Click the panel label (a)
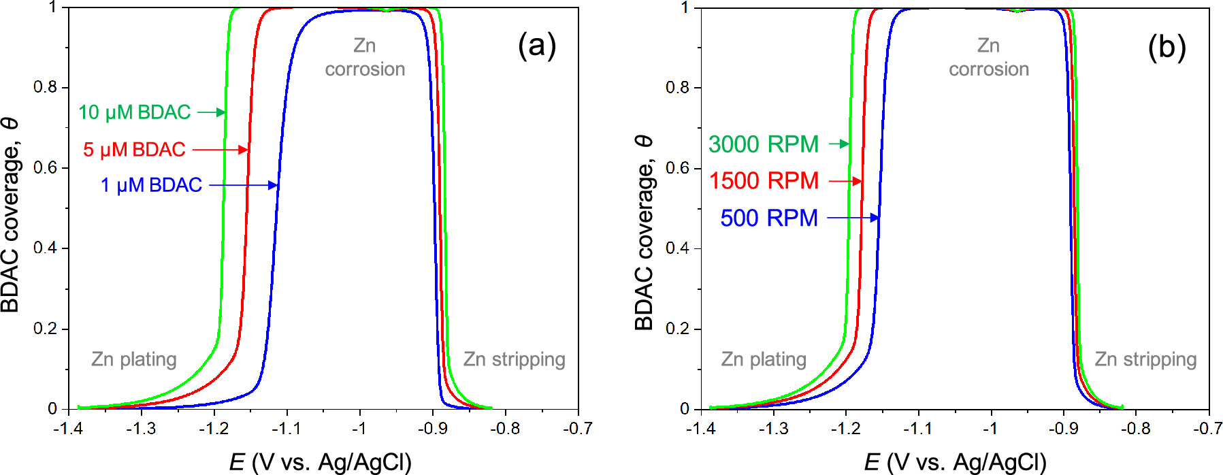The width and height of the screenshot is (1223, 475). (x=537, y=46)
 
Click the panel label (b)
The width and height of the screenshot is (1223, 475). (x=1167, y=48)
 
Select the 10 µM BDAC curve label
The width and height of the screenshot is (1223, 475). (x=134, y=112)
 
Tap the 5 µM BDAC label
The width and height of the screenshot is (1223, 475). (x=134, y=150)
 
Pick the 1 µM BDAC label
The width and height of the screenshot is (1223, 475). (x=151, y=185)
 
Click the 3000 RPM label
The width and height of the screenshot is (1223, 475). (x=763, y=144)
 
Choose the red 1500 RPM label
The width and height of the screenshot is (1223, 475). (x=764, y=181)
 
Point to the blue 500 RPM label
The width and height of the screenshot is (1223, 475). (x=769, y=218)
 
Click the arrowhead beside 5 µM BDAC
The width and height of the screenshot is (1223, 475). (x=244, y=150)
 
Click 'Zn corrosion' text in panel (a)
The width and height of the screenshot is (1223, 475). (x=365, y=57)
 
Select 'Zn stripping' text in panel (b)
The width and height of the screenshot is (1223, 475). (x=1145, y=359)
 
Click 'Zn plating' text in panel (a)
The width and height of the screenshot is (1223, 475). (x=134, y=359)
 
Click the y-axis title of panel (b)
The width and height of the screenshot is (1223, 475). (x=644, y=231)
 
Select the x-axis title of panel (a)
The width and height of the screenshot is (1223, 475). (x=320, y=462)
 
